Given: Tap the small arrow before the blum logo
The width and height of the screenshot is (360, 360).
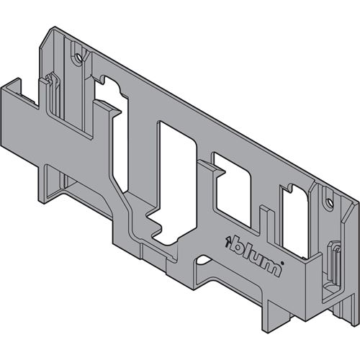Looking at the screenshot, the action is pos(228,240).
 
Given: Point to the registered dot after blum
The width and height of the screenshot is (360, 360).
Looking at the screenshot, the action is pos(282,264).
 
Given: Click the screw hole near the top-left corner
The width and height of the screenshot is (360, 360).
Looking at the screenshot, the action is pos(78,58).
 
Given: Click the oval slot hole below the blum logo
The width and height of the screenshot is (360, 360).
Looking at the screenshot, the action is pos(203,260).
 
